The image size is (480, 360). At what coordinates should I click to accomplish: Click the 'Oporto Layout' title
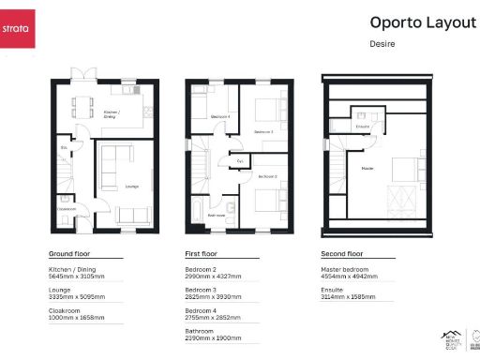[x=422, y=22]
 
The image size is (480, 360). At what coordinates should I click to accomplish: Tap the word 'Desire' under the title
[x=383, y=43]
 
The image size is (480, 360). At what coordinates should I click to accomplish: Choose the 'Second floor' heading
[x=342, y=254]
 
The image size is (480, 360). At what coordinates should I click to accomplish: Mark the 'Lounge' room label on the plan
[x=130, y=187]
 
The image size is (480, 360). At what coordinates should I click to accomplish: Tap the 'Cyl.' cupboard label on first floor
[x=240, y=161]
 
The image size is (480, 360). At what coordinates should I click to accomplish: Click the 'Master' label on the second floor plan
[x=367, y=170]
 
